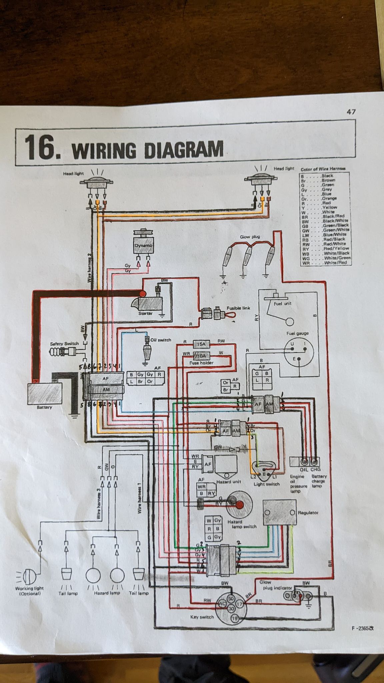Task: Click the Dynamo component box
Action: coord(143,245)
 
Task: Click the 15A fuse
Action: coord(201,344)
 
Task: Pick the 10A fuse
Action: coord(201,356)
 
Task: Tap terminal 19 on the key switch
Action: coord(234,619)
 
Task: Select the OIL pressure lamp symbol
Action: coord(304,462)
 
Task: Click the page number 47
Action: coord(351,112)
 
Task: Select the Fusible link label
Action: coord(238,308)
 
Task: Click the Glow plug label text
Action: coord(250,237)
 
